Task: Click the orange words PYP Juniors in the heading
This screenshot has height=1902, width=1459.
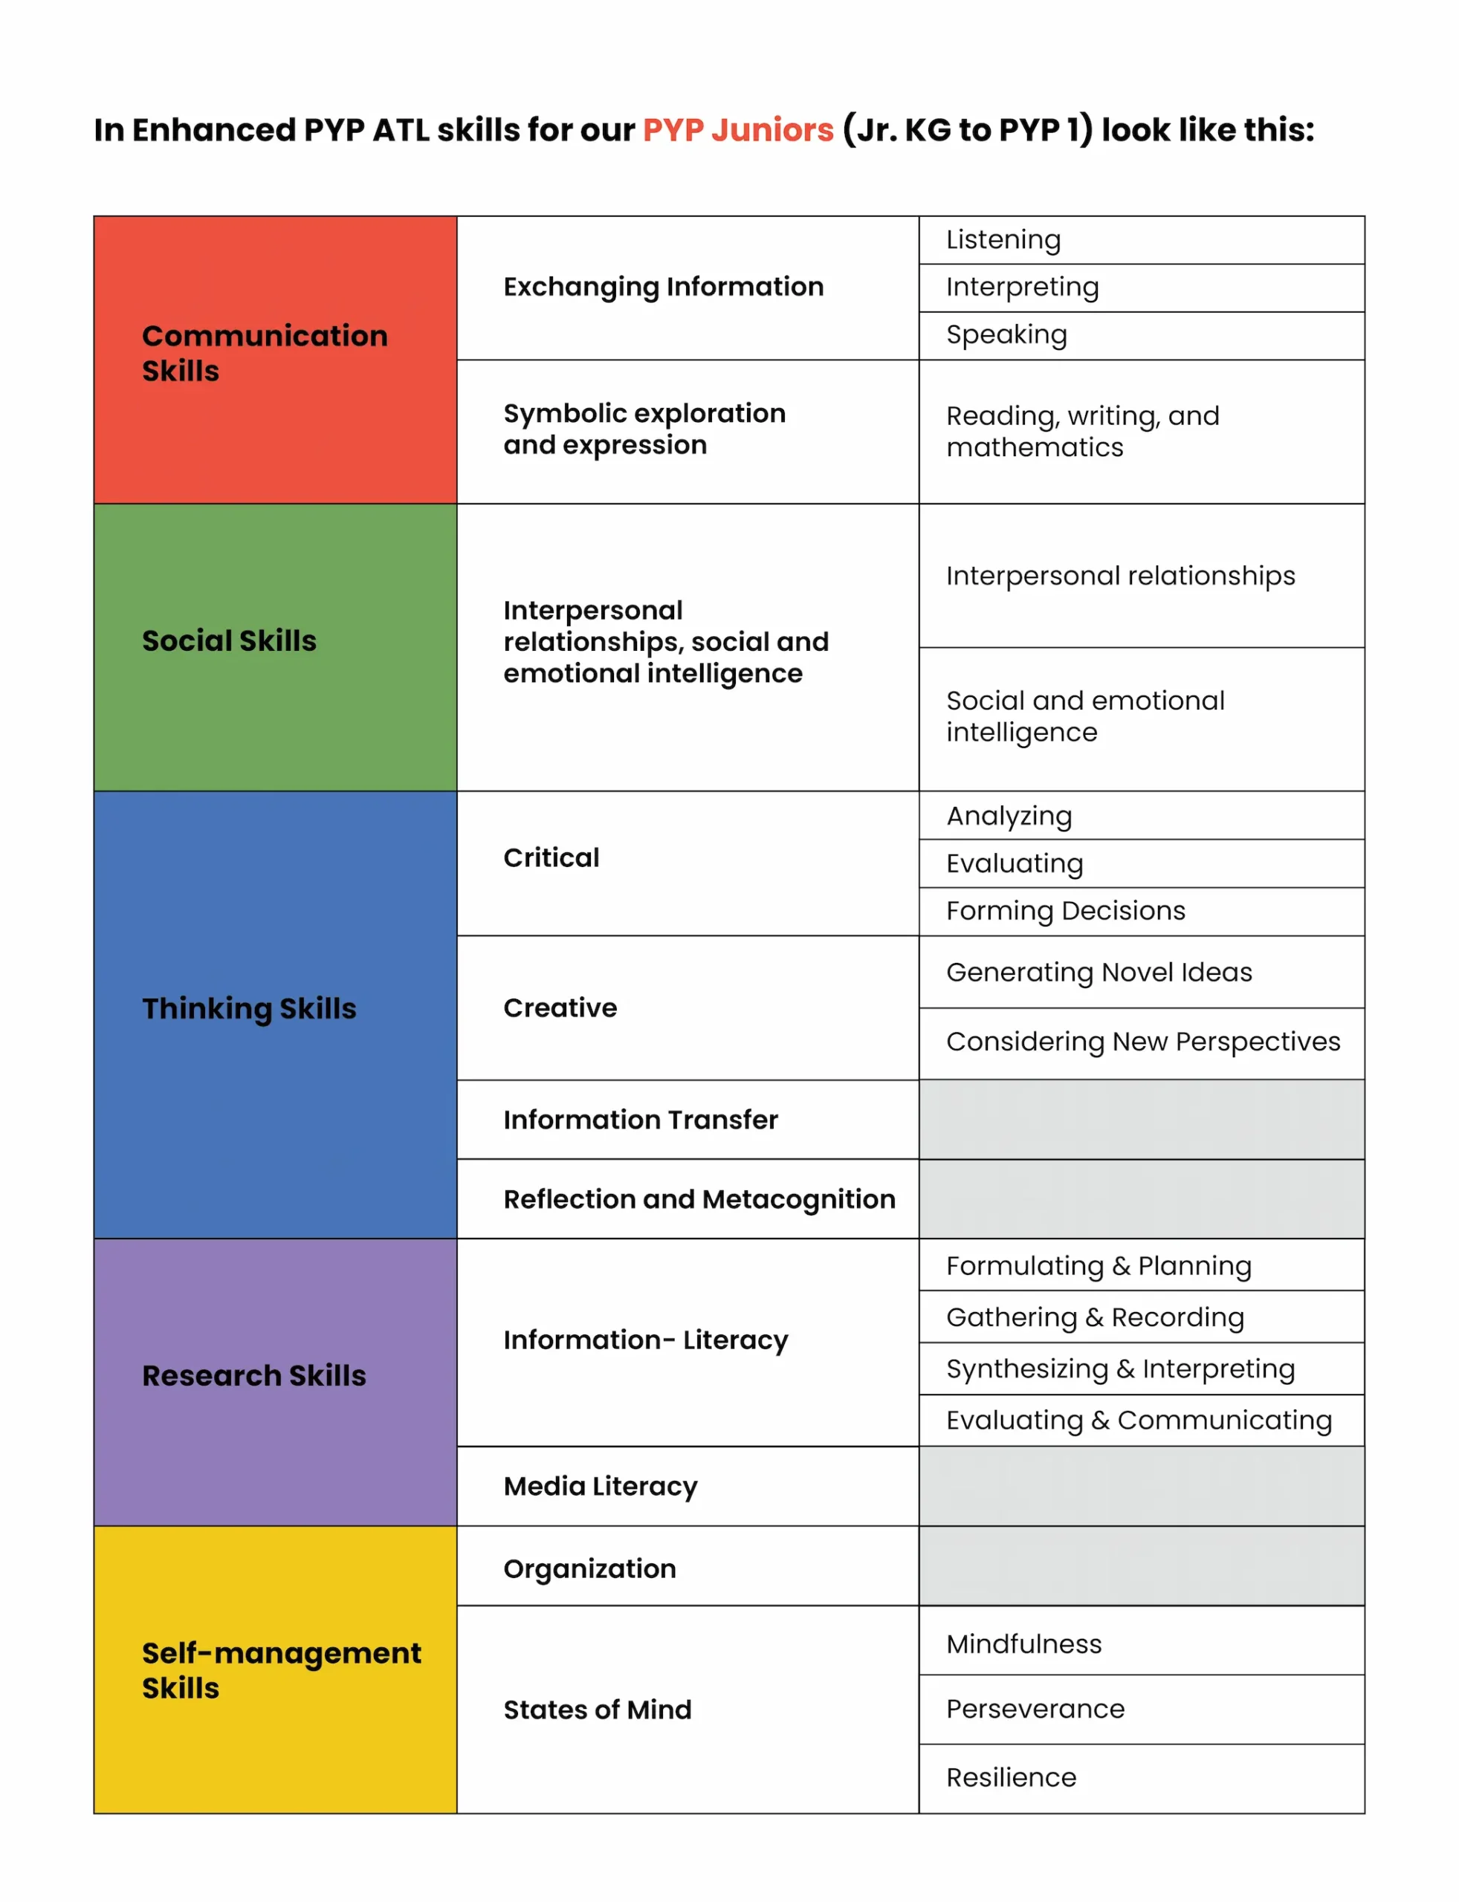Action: point(737,130)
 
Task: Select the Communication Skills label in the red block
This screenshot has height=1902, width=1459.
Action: point(264,352)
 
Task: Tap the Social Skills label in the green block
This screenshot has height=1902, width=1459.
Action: point(229,640)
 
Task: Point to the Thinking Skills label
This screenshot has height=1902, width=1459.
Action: point(249,1008)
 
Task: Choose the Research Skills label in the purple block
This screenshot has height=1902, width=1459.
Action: point(253,1375)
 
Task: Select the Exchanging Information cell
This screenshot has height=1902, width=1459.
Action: point(664,287)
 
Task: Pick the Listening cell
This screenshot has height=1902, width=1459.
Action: point(1003,239)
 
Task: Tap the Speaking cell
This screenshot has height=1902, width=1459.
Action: point(1006,334)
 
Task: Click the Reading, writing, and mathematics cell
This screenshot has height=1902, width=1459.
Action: point(1082,432)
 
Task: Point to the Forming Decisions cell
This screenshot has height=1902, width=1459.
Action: point(1065,911)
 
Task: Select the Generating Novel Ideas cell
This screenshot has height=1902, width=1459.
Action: point(1099,973)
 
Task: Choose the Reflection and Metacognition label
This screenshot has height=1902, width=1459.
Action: point(699,1199)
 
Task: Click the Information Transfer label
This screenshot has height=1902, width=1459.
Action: point(640,1120)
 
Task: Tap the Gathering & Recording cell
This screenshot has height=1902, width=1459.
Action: point(1094,1317)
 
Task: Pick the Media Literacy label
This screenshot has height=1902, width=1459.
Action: point(600,1486)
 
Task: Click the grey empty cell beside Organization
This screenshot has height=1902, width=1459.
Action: point(1141,1566)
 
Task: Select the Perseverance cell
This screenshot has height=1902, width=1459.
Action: point(1035,1708)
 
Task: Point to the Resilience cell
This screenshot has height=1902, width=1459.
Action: point(1011,1777)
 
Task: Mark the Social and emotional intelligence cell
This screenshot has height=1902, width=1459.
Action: point(1084,716)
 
